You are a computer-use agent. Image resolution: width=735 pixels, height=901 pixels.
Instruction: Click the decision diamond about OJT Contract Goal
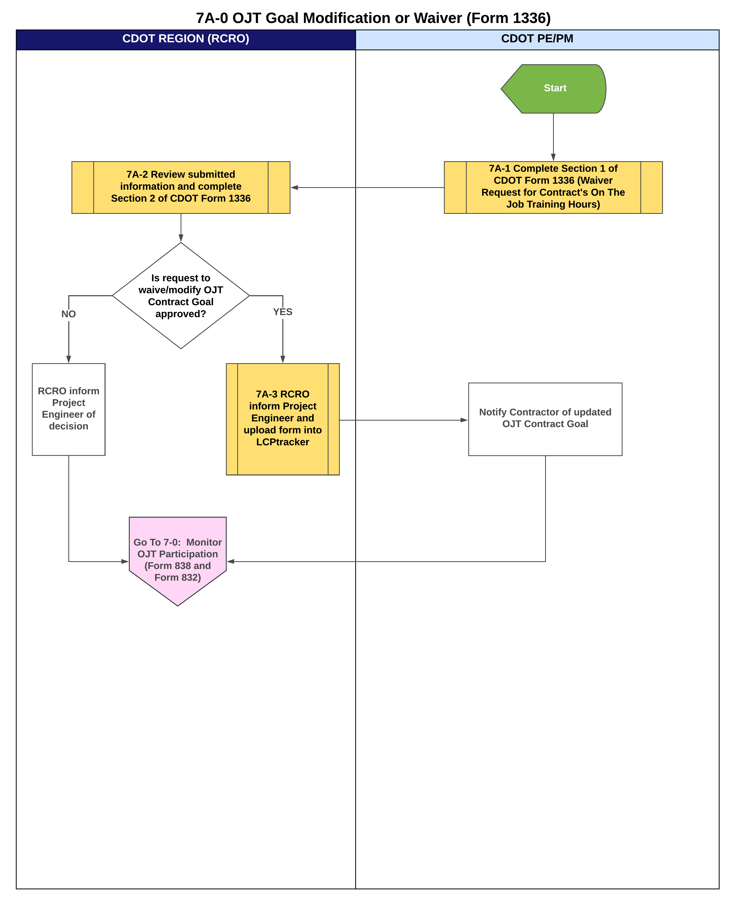pyautogui.click(x=181, y=295)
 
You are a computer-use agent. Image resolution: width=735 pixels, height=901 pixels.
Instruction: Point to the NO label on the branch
pyautogui.click(x=69, y=314)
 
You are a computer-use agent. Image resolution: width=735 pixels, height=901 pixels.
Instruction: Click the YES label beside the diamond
pyautogui.click(x=282, y=312)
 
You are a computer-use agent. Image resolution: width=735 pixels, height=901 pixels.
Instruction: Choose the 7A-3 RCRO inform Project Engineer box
pyautogui.click(x=282, y=418)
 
